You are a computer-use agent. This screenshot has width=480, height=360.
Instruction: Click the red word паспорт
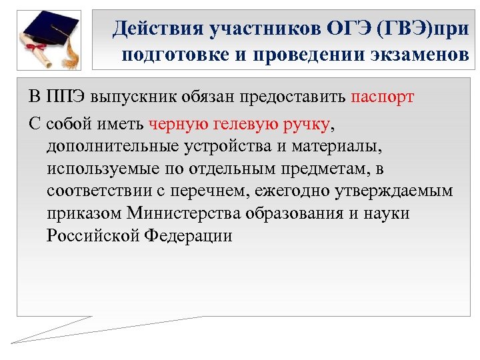coord(382,97)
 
